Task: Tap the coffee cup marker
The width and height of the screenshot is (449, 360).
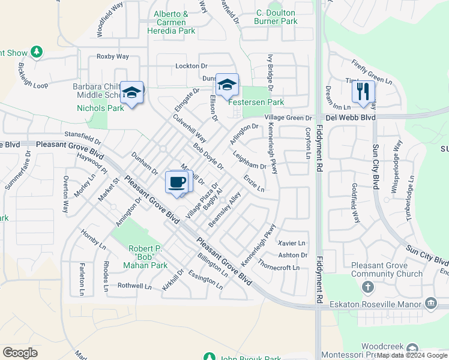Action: [x=177, y=182]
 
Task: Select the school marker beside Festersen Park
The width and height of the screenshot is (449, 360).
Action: [x=227, y=86]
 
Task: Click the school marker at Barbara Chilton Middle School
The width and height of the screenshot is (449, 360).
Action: [x=131, y=93]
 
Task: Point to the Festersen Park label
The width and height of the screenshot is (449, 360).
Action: [x=256, y=102]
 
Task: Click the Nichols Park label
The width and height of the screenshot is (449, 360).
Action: [x=100, y=108]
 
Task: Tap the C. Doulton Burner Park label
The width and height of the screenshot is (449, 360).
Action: [x=277, y=17]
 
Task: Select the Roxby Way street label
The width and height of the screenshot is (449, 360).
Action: [x=113, y=56]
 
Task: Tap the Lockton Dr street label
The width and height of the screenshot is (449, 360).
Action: [x=191, y=66]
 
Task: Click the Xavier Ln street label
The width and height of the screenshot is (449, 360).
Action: [x=292, y=243]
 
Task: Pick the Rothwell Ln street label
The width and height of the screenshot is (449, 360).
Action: [x=134, y=286]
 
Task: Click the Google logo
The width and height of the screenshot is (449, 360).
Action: [x=20, y=352]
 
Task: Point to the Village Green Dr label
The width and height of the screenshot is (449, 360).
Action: [x=288, y=118]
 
